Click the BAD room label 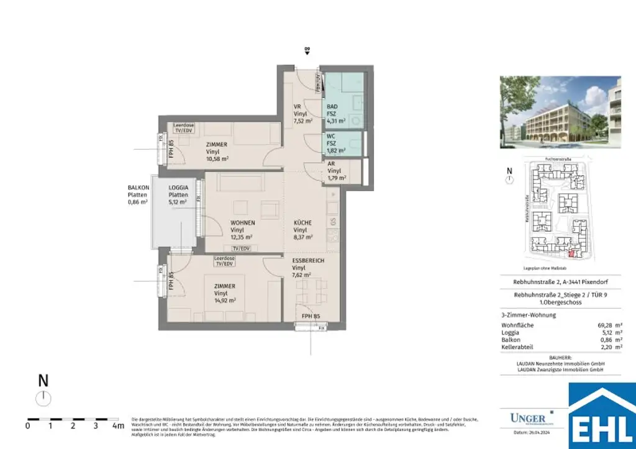(x=332, y=106)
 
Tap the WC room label (x=332, y=135)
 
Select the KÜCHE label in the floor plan (x=303, y=223)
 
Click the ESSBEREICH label (x=308, y=261)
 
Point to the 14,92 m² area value (x=225, y=301)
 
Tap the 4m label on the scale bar (x=117, y=426)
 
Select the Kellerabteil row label (x=517, y=347)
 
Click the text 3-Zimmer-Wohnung (x=528, y=315)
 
